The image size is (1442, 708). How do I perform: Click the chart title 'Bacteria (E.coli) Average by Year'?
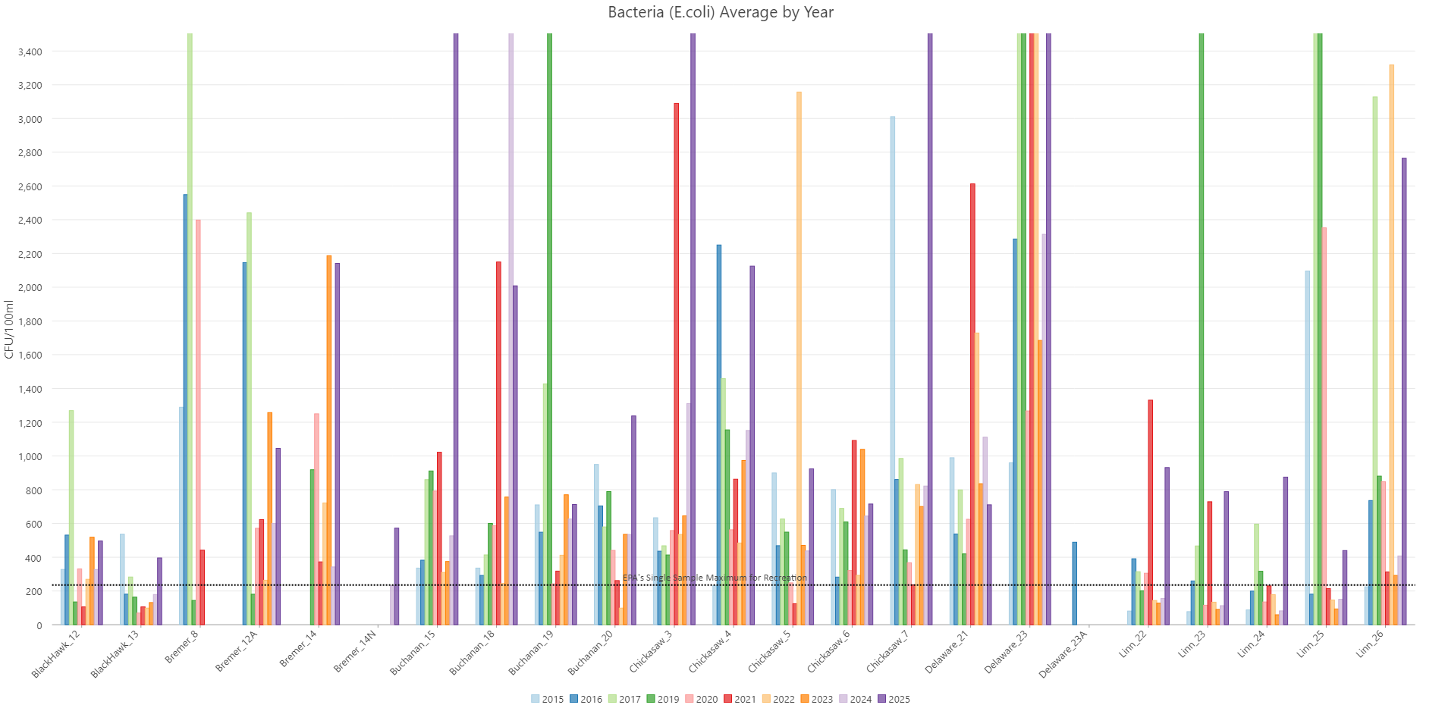[x=721, y=12]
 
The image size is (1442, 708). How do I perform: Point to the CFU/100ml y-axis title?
[x=9, y=330]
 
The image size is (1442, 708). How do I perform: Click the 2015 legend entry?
[x=547, y=699]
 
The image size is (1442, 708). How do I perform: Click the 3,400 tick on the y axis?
[x=31, y=52]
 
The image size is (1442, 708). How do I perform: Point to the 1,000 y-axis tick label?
[x=31, y=456]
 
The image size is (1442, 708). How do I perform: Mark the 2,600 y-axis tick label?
[x=31, y=186]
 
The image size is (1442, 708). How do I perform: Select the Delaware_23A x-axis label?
[x=1063, y=653]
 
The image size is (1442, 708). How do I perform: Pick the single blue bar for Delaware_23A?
[x=1074, y=583]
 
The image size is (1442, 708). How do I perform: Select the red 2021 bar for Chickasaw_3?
[x=676, y=364]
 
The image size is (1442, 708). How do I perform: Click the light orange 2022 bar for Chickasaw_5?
[x=799, y=358]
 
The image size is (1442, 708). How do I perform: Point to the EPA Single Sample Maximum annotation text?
[x=715, y=578]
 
